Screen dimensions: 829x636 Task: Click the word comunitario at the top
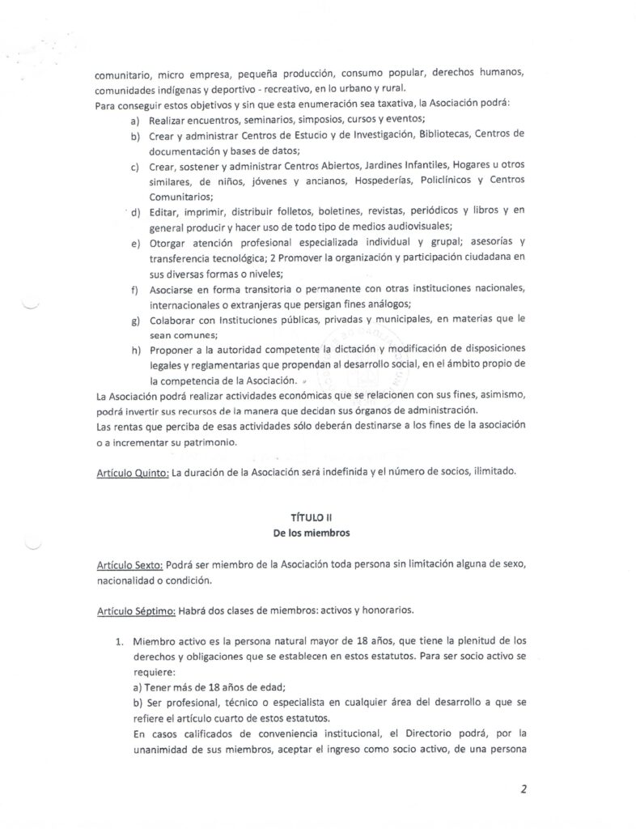121,74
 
